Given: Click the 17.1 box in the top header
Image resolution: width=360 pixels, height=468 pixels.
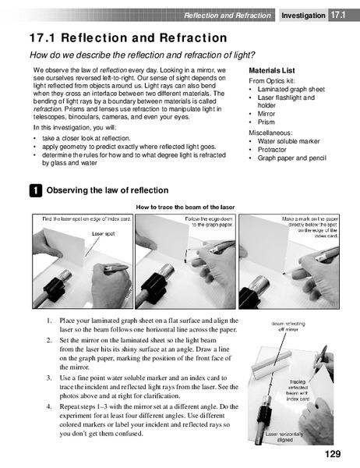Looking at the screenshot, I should click(337, 15).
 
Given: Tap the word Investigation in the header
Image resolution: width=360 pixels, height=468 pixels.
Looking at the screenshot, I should click(303, 15).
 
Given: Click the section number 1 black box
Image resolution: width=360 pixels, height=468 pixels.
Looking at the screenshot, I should click(36, 190).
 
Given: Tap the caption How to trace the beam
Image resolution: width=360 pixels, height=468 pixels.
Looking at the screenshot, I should click(185, 207).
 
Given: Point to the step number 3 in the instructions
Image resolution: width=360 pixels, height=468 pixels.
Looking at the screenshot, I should click(48, 378).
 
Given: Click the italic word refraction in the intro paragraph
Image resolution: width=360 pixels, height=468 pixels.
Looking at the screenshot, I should click(51, 111).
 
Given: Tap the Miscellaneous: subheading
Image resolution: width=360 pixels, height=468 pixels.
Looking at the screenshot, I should click(273, 132).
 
